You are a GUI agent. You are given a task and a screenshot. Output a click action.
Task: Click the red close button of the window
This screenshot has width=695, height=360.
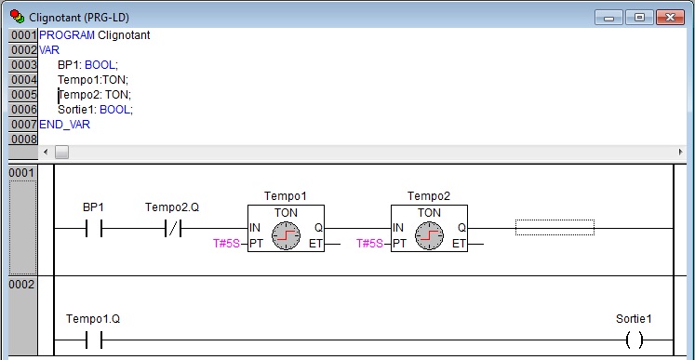(670, 18)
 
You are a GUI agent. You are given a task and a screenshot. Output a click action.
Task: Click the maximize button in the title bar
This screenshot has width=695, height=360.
(639, 18)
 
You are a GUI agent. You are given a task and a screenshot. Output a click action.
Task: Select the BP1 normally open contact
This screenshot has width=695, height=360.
(94, 228)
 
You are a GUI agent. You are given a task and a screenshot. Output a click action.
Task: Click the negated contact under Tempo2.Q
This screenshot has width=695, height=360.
(173, 228)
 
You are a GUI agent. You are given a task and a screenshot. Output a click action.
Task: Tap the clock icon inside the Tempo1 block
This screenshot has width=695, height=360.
(286, 235)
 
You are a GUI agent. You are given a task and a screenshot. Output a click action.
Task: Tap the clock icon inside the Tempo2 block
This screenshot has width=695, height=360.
(430, 235)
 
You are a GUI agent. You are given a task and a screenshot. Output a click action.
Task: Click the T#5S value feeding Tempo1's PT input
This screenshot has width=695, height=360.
(226, 244)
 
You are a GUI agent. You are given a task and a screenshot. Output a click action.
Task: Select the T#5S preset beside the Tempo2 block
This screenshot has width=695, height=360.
(369, 244)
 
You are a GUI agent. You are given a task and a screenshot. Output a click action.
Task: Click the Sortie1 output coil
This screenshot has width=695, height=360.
(635, 340)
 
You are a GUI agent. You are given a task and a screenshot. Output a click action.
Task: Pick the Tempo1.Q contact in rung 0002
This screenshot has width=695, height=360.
(94, 340)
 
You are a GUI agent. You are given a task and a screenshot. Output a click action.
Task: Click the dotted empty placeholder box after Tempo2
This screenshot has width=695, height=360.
(555, 227)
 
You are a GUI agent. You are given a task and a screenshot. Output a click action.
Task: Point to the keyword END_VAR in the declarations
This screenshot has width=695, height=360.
(65, 125)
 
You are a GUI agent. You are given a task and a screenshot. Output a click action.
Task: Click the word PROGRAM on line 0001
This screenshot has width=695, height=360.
(67, 35)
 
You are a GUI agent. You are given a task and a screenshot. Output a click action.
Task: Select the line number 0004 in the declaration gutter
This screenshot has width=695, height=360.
(23, 80)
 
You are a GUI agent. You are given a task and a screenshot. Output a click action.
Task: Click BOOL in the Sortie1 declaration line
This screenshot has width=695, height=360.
(114, 110)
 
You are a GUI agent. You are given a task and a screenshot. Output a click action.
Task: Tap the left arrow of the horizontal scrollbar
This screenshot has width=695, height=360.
(46, 152)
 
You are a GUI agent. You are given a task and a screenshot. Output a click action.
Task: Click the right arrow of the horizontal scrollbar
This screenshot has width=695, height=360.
(680, 152)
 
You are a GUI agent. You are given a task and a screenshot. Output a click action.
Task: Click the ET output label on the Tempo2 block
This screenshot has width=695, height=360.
(459, 244)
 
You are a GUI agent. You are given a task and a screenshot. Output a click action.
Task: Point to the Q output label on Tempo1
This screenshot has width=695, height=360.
(319, 228)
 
